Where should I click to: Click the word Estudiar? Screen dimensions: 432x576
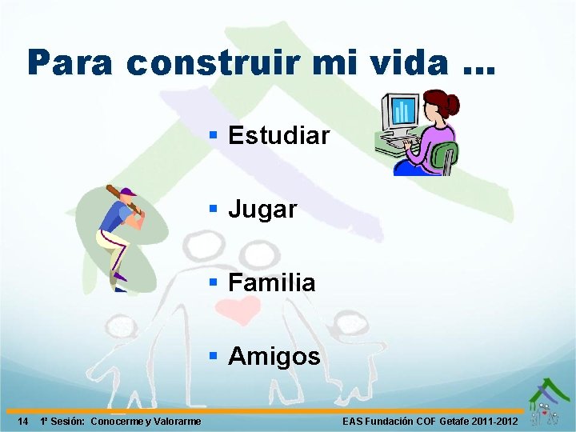tap(278, 136)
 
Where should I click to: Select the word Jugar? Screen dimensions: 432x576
tap(262, 210)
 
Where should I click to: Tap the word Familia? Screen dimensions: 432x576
tap(272, 282)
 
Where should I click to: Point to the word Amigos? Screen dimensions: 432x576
tap(274, 357)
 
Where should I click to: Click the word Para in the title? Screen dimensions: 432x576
tap(70, 62)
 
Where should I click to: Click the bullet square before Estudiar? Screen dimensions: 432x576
tap(214, 134)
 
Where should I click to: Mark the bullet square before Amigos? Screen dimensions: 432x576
tap(214, 355)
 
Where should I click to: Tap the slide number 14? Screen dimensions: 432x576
tap(23, 422)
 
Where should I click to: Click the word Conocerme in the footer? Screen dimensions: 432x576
tap(118, 422)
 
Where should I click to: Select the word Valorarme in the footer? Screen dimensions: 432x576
tap(176, 422)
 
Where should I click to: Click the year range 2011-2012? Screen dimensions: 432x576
tap(495, 422)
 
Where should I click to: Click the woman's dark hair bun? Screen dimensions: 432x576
tap(452, 104)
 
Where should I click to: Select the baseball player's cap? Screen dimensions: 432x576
tap(127, 193)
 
